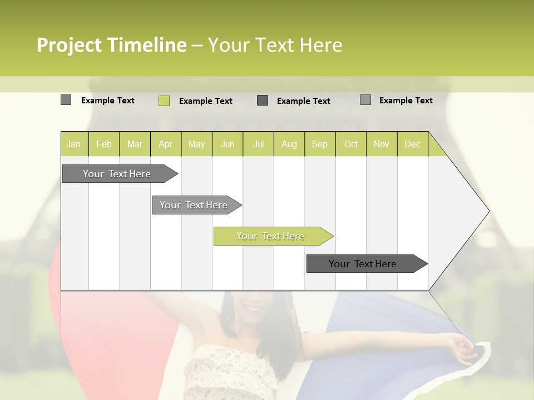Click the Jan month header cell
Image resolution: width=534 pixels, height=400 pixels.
click(74, 144)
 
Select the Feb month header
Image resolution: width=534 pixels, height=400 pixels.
click(104, 144)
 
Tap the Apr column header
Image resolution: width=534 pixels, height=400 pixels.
click(166, 144)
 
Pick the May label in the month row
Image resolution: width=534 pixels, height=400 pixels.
click(196, 144)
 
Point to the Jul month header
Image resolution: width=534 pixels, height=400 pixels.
click(259, 144)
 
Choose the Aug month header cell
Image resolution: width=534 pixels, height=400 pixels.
click(289, 144)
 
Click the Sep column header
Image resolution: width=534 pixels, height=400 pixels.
click(320, 144)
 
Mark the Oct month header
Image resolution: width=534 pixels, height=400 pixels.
click(351, 144)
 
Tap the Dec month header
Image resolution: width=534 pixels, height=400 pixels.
click(413, 144)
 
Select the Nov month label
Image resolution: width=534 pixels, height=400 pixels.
click(382, 144)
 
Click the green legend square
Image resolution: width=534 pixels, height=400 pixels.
click(164, 101)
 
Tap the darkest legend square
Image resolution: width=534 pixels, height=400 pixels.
click(263, 101)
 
